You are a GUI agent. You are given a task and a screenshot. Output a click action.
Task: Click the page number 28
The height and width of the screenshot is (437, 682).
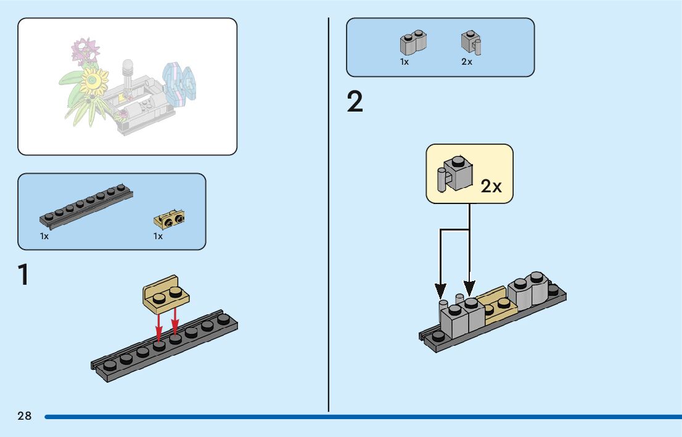25,416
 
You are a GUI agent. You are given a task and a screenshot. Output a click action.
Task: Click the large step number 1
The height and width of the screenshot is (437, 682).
23,275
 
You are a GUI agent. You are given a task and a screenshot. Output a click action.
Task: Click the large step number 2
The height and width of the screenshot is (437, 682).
355,102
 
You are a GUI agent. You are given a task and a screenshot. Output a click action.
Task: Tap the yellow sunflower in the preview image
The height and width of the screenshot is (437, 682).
94,78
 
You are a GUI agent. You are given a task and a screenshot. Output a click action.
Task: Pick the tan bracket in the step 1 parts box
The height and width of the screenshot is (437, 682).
169,218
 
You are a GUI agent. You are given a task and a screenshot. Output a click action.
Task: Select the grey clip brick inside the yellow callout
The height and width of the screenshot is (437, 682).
454,173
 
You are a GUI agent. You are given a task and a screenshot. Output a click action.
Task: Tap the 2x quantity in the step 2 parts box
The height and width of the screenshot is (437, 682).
467,62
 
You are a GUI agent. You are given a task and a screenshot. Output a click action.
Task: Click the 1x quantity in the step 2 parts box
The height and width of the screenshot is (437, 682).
405,62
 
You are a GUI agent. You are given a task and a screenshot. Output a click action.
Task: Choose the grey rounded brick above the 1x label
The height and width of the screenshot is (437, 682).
414,42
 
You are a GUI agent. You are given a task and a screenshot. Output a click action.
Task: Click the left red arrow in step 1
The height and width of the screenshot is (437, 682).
159,327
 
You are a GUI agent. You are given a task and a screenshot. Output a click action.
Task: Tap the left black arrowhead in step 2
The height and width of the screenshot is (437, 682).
440,289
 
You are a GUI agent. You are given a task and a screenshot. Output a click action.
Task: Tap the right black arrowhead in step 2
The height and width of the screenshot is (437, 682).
470,288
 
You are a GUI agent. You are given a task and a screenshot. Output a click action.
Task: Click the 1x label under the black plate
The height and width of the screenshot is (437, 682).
44,236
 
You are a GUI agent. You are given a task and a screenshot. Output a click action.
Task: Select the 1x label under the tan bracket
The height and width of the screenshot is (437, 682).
158,236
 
